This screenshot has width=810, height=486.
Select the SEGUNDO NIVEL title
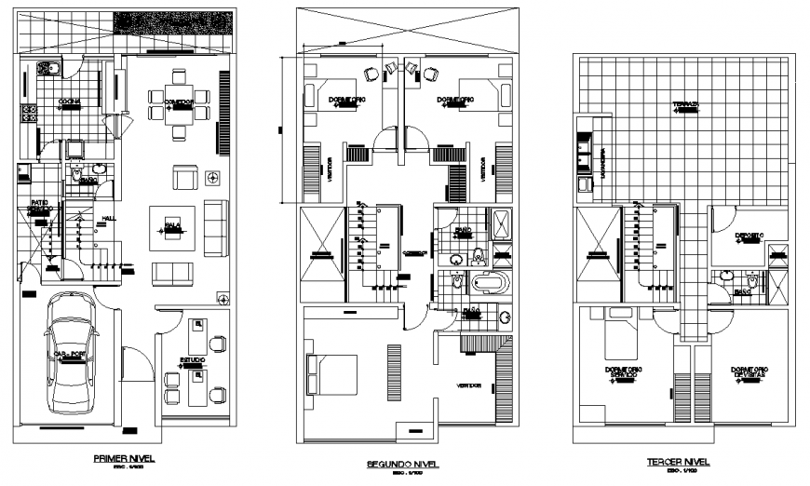[x=403, y=463]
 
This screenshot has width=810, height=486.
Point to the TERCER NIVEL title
[x=677, y=462]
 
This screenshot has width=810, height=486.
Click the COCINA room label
[x=69, y=101]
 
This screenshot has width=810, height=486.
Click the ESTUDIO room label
[x=193, y=361]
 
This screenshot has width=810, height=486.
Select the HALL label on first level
[x=108, y=220]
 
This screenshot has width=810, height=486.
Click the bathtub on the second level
[x=489, y=284]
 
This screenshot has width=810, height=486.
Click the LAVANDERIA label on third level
[x=603, y=164]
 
